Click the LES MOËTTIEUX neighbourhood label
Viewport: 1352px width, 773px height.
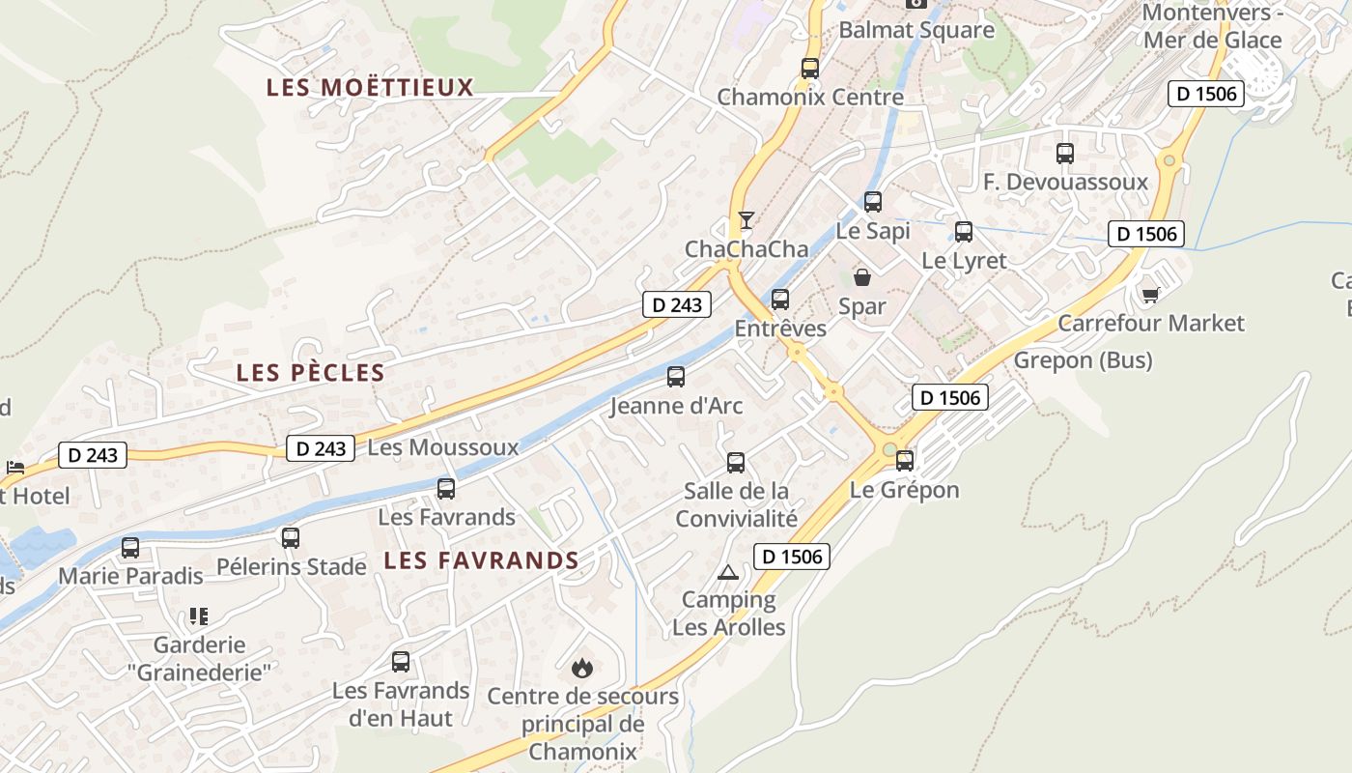click(x=370, y=88)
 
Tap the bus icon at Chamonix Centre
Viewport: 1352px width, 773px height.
click(x=809, y=69)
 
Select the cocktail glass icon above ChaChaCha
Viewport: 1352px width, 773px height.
click(x=746, y=220)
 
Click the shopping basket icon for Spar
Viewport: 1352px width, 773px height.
click(x=862, y=278)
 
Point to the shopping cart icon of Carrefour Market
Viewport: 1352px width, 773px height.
click(x=1150, y=294)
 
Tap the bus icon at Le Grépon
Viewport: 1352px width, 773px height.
click(x=904, y=461)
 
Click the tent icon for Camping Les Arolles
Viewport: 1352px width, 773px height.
click(x=728, y=572)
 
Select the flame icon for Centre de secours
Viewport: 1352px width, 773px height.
click(x=581, y=668)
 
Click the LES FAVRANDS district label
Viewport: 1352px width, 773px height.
click(x=481, y=560)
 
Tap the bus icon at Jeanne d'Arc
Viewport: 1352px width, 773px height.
click(x=676, y=377)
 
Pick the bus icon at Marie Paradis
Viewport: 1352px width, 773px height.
click(x=130, y=548)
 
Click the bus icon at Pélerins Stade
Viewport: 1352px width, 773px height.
click(x=291, y=538)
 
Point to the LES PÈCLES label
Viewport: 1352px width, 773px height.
click(x=310, y=373)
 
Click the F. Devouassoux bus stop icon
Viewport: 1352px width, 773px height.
click(x=1064, y=154)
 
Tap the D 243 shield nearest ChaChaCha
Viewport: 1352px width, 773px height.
click(x=677, y=305)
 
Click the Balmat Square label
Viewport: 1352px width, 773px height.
click(x=915, y=30)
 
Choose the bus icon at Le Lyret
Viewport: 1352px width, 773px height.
click(x=963, y=232)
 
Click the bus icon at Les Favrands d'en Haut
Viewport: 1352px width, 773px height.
click(x=401, y=662)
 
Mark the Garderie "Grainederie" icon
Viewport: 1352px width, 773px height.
click(x=199, y=616)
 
